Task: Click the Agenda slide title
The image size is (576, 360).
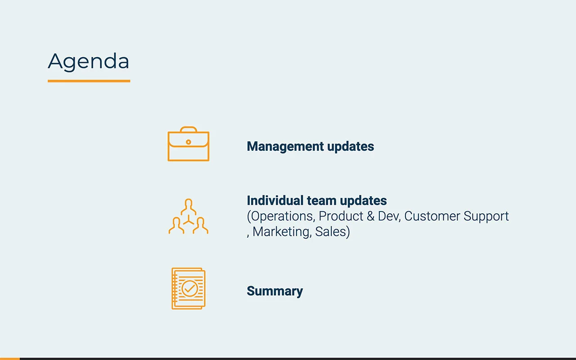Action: [89, 61]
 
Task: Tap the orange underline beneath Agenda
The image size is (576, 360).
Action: [89, 81]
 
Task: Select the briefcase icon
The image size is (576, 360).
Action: [189, 144]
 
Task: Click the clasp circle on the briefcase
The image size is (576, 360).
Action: [189, 142]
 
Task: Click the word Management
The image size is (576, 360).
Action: [285, 147]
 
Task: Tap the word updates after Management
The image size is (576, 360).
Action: [351, 147]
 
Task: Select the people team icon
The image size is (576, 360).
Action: [189, 216]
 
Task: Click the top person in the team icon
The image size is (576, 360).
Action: [189, 207]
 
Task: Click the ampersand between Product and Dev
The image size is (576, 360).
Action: [370, 216]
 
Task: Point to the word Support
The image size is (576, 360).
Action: [486, 216]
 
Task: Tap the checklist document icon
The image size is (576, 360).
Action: [189, 288]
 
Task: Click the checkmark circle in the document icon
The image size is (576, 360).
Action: [190, 288]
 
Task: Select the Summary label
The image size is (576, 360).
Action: [275, 291]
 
